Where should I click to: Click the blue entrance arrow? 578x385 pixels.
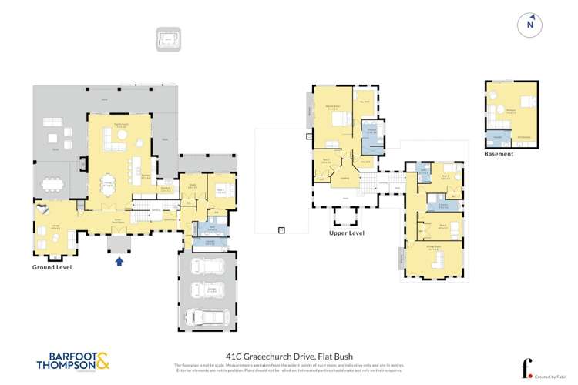(119, 261)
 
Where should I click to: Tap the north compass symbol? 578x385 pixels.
(529, 25)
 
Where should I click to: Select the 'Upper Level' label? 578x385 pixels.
(346, 233)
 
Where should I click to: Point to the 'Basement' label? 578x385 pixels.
(499, 154)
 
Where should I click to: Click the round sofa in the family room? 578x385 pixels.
(121, 137)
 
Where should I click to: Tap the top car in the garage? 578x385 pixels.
(207, 267)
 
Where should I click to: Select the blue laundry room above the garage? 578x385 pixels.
(210, 243)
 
